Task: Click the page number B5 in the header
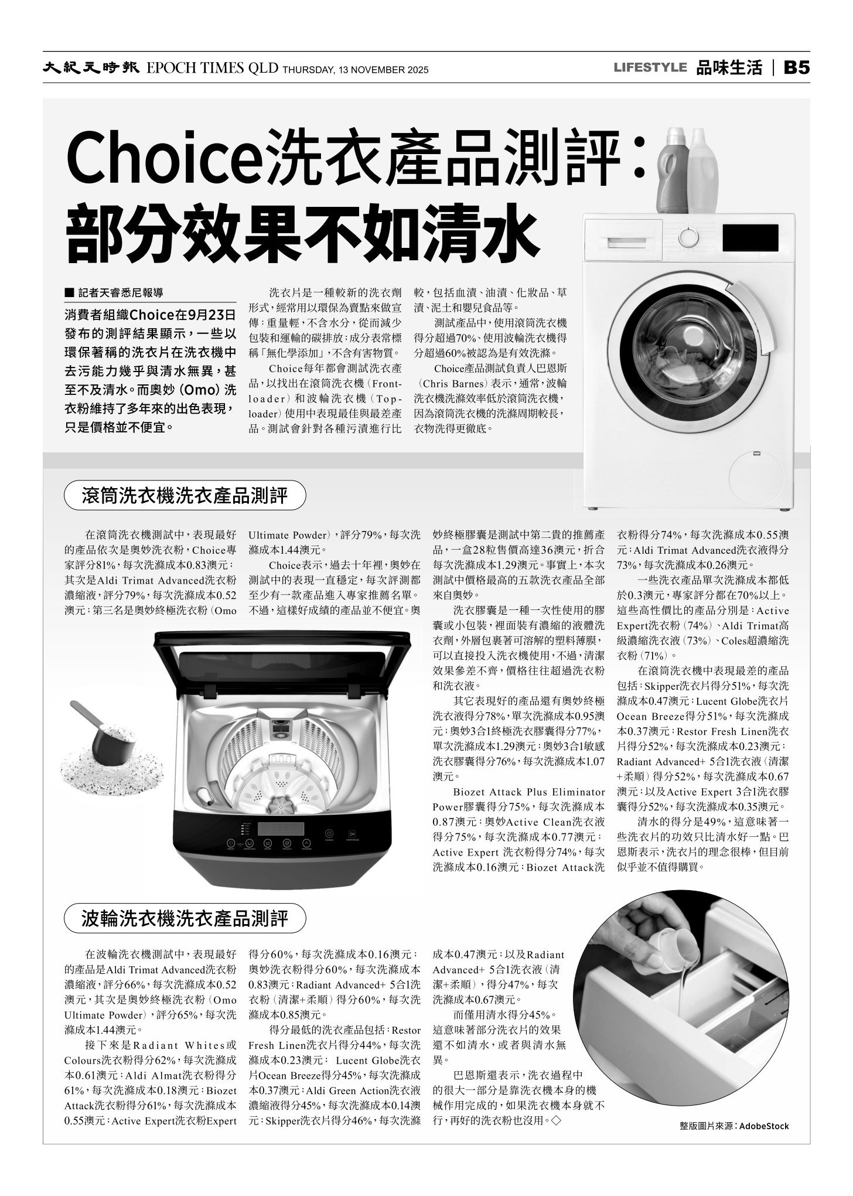coord(797,68)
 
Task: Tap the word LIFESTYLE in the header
coord(650,68)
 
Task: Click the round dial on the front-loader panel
coord(689,237)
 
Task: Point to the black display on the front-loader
coord(750,237)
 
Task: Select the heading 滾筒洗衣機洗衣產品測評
coord(185,496)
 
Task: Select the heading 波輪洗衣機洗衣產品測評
coord(185,919)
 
